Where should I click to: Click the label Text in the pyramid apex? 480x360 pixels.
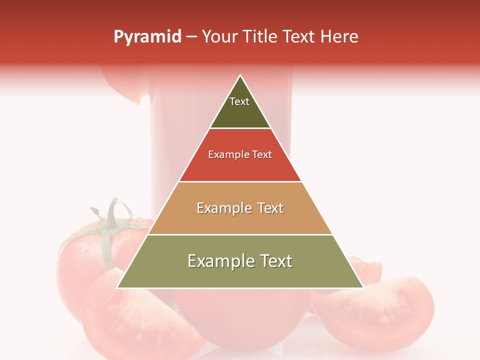[x=239, y=101]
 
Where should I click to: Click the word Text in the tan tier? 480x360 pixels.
[x=271, y=208]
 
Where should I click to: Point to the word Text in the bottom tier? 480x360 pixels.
[x=275, y=261]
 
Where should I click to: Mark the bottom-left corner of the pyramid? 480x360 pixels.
[x=117, y=288]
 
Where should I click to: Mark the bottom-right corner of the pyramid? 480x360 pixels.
[x=363, y=288]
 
